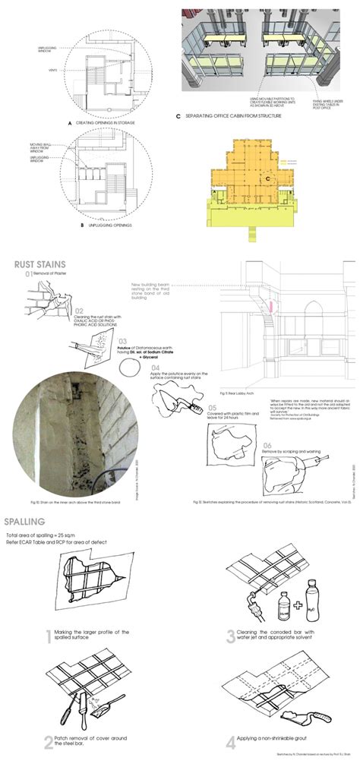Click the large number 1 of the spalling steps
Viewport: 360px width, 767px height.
click(48, 636)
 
